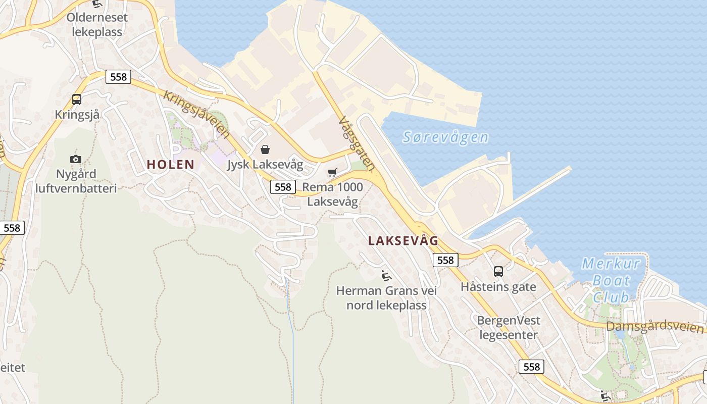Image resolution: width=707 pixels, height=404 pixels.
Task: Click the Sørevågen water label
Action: click(x=445, y=137)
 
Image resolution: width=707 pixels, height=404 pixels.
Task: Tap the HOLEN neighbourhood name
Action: click(x=171, y=164)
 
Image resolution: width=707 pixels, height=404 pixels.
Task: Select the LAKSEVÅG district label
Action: click(x=403, y=240)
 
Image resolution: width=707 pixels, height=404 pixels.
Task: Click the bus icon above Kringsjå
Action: click(x=77, y=99)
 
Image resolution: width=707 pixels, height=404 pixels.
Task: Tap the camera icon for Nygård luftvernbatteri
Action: click(x=76, y=159)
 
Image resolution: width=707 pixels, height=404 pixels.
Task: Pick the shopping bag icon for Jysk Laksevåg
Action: click(x=265, y=149)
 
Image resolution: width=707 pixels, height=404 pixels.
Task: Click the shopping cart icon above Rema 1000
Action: click(x=332, y=173)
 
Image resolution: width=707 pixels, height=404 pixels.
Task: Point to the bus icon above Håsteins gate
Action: click(x=498, y=272)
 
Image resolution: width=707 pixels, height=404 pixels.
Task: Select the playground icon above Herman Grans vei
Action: click(x=386, y=276)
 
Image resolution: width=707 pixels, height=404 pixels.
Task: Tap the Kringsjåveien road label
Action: click(x=196, y=115)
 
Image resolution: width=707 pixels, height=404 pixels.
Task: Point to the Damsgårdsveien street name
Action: click(x=654, y=326)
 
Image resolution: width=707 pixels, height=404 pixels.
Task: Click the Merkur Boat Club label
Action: click(x=611, y=280)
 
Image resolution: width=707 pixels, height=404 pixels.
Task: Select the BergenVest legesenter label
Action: click(x=509, y=327)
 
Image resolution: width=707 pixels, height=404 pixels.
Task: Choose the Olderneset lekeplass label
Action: click(x=97, y=25)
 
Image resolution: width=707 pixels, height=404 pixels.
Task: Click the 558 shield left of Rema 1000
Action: click(x=283, y=187)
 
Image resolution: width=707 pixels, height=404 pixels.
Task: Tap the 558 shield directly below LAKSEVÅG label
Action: click(x=445, y=260)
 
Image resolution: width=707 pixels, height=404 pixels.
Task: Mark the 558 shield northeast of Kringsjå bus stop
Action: click(x=118, y=77)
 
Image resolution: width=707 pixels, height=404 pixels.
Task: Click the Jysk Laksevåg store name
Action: click(x=265, y=165)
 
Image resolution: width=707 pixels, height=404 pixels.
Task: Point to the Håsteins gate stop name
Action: click(x=498, y=287)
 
